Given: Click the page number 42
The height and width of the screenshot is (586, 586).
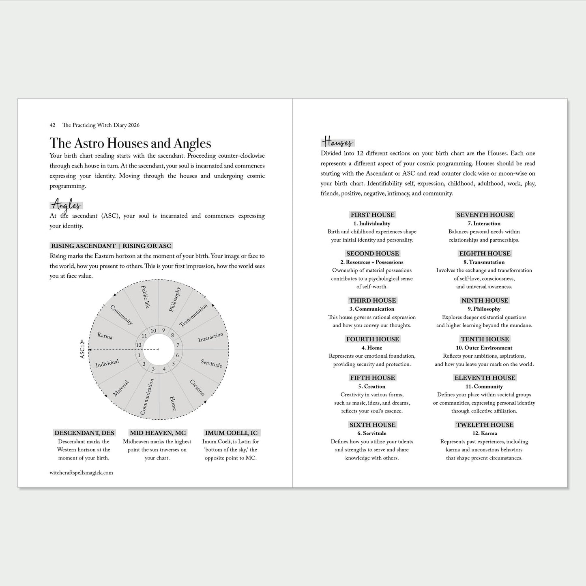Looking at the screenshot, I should coord(52,125).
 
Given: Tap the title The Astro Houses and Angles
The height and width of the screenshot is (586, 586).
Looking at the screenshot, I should coord(130,143).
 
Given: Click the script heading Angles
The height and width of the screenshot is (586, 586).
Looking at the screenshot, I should coord(67,204).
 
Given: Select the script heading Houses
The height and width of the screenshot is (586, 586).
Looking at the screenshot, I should coord(337,142).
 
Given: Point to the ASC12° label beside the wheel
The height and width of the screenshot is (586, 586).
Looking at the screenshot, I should coord(83,349).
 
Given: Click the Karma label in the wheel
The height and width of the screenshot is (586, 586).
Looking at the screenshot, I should coord(105,335).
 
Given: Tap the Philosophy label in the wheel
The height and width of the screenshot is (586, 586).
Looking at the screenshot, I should coord(175,299).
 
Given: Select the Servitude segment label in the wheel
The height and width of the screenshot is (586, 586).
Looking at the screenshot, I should coord(212,363).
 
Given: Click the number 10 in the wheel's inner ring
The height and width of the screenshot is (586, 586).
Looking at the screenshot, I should coord(153,331).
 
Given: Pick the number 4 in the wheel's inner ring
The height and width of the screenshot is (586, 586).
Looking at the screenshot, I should coord(164,369).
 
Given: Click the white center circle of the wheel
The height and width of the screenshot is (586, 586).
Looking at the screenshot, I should coord(159,350).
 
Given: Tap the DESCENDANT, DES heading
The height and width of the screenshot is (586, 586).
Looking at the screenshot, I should coord(84,433).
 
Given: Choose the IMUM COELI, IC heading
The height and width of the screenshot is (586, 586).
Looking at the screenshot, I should coord(231,433).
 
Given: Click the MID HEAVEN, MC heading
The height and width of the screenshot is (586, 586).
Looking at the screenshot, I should coord(158,433).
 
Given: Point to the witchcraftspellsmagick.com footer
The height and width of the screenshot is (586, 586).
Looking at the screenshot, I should coord(81,472).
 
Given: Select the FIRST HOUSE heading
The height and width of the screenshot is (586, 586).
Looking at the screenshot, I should coord(372,215).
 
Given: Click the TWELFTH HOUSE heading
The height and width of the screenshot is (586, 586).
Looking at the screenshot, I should coord(485,425).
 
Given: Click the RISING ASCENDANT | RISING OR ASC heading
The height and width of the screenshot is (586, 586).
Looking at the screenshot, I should coord(111,246).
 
